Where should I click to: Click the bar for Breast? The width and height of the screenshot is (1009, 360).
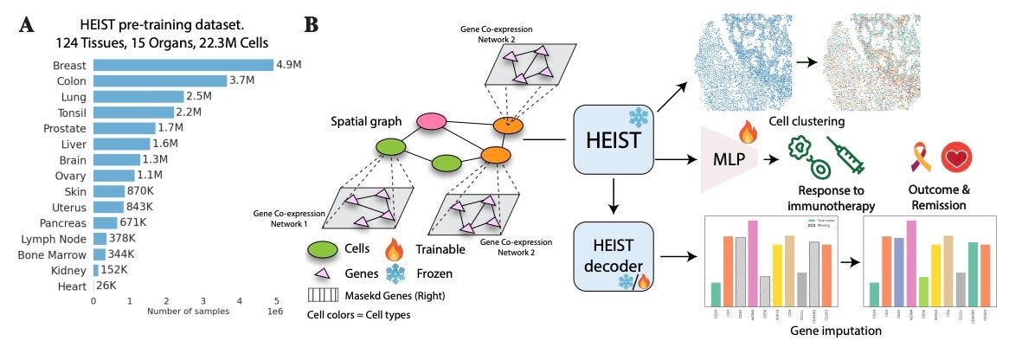[183, 65]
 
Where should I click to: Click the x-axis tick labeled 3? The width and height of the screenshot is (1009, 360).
[202, 301]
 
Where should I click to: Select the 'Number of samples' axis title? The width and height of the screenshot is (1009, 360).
[188, 312]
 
